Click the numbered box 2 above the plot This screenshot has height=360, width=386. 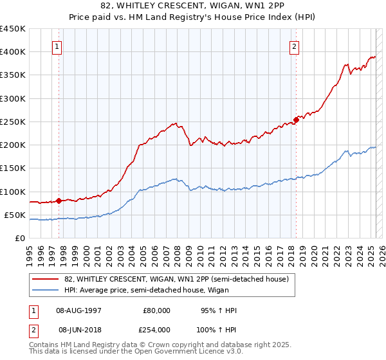coord(294,46)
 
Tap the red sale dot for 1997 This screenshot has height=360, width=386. coord(59,201)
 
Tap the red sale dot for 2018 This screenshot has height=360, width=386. coord(296,120)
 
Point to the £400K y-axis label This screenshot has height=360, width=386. coord(13,52)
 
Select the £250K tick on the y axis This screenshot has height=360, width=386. coord(13,122)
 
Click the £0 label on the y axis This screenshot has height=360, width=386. coord(21,238)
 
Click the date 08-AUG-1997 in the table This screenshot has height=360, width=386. coord(78,310)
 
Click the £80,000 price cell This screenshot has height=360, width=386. coord(156,310)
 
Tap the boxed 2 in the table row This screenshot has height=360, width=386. coord(33,329)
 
